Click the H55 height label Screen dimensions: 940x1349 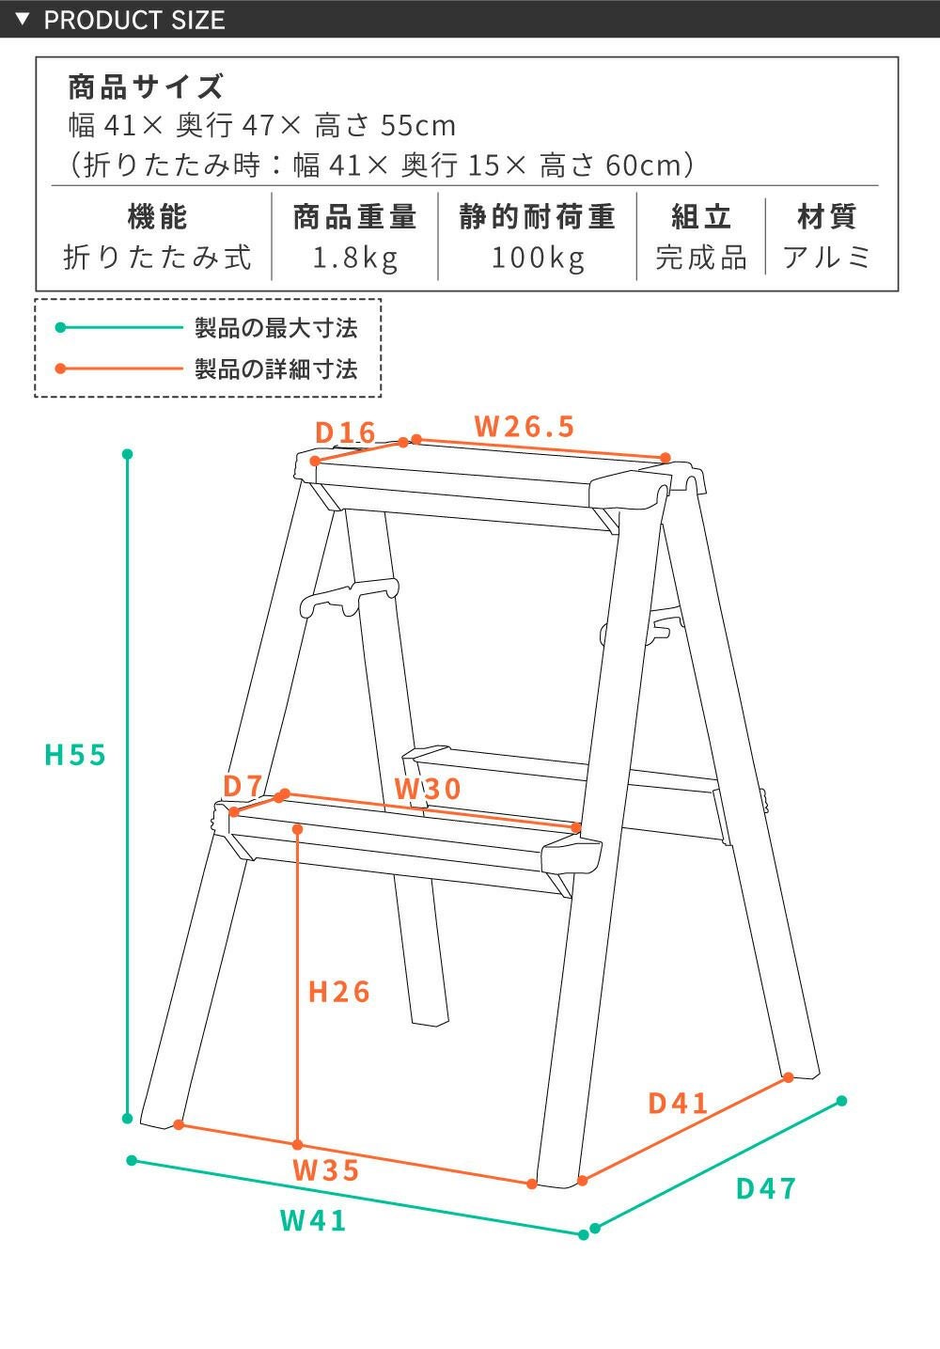(x=76, y=755)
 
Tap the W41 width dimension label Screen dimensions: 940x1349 (x=313, y=1221)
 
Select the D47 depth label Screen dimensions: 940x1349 (x=767, y=1189)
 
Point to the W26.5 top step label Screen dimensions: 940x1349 (x=525, y=427)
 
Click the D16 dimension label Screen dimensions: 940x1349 (x=346, y=432)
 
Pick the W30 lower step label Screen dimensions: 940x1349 (x=428, y=789)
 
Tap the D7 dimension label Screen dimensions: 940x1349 (x=243, y=785)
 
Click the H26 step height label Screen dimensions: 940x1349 (x=339, y=993)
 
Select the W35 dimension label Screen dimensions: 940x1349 (x=326, y=1170)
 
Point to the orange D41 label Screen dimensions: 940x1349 (x=678, y=1104)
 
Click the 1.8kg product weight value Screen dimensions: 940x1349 (x=355, y=259)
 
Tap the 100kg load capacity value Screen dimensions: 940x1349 (x=538, y=259)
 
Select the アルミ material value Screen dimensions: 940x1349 (x=826, y=258)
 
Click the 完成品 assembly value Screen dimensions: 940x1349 (x=701, y=258)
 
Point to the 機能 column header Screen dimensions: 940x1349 (x=157, y=217)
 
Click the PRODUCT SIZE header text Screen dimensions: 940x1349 (x=134, y=20)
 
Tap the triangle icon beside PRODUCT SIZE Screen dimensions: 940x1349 (x=23, y=19)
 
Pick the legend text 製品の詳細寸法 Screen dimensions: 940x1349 (x=275, y=369)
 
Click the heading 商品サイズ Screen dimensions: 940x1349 (x=146, y=86)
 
